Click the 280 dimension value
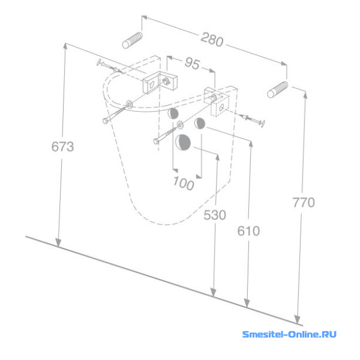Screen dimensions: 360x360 (212, 40)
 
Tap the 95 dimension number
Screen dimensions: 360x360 (193, 63)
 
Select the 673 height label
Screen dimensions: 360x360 (62, 146)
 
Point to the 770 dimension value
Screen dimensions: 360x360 (304, 202)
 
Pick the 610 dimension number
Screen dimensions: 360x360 (248, 231)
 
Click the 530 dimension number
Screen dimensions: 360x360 (215, 215)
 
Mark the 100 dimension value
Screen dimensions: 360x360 (184, 184)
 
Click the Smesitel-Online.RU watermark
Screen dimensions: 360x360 (289, 334)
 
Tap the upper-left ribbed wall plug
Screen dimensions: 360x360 (133, 40)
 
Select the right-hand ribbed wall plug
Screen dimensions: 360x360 (278, 89)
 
